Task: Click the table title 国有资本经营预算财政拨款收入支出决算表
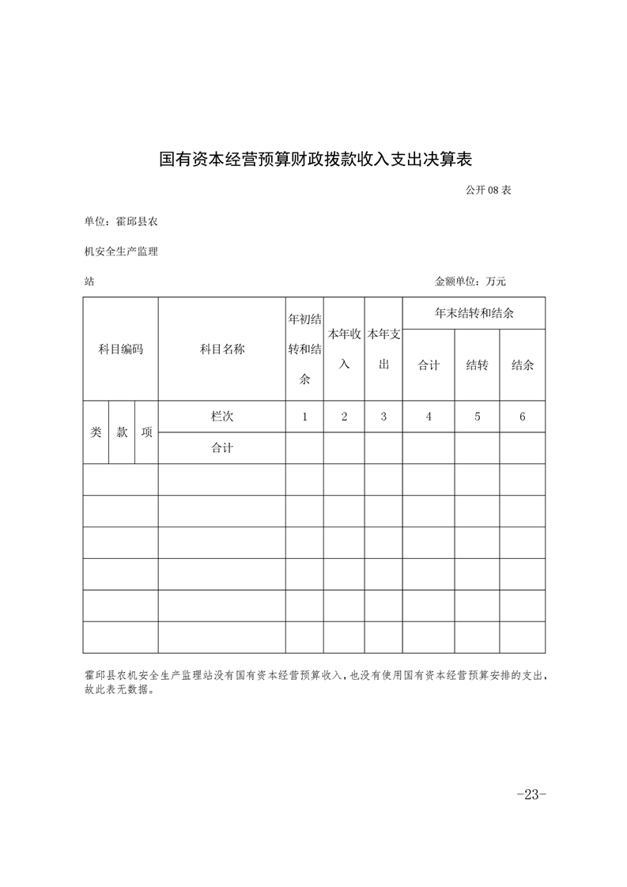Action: (315, 159)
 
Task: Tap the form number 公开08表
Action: (489, 190)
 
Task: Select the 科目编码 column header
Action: (120, 349)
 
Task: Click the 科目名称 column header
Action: (222, 349)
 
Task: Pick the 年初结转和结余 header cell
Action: (304, 349)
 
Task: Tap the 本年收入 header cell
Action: (344, 349)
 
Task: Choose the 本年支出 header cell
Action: (383, 349)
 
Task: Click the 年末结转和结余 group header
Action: (474, 313)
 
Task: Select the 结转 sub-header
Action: (477, 365)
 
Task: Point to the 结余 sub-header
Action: (522, 365)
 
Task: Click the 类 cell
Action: (96, 432)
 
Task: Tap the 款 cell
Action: (123, 432)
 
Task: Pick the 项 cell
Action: (146, 432)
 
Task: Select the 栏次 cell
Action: (222, 417)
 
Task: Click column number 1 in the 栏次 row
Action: (304, 417)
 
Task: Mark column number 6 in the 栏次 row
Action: (522, 417)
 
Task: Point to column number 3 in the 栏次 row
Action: (383, 417)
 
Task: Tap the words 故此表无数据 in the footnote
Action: (117, 689)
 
